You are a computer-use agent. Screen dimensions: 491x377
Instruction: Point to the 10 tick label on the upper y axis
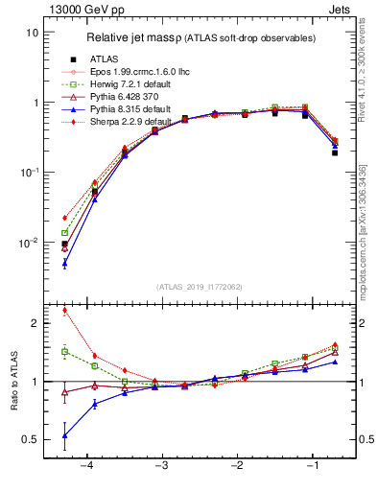(x=32, y=33)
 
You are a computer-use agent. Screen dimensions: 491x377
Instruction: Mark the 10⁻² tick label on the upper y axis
(x=30, y=243)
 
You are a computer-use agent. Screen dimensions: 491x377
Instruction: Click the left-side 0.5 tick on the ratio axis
(x=31, y=440)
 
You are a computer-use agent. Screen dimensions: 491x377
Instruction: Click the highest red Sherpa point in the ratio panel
(x=64, y=310)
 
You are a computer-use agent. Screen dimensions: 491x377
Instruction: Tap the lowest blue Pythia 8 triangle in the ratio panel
(x=64, y=435)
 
